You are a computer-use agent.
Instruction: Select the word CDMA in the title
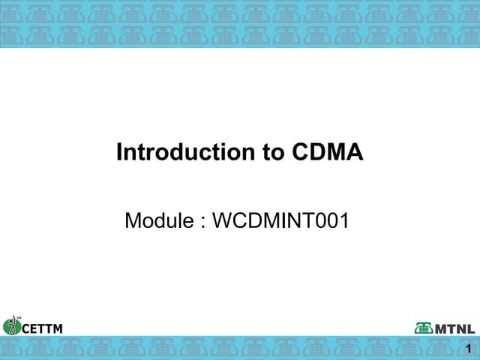326,152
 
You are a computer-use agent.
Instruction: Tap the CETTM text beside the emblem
42,328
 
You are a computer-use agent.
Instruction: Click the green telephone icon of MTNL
424,328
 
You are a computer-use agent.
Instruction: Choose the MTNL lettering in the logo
455,328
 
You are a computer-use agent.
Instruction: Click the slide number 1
469,348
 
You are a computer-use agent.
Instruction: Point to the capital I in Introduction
119,152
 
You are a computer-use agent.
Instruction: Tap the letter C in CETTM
26,328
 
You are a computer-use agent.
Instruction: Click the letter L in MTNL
471,328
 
